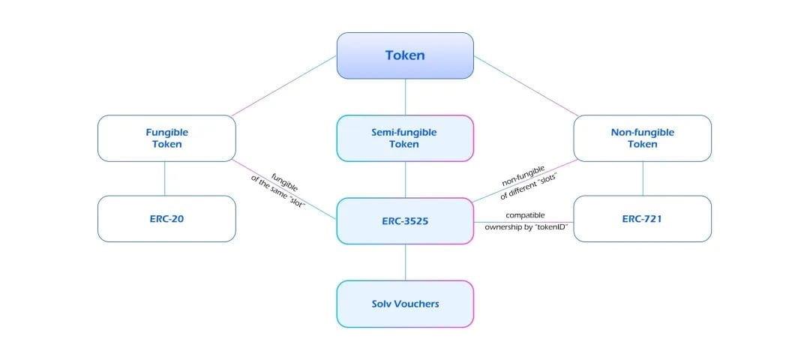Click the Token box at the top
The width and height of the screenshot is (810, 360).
pyautogui.click(x=405, y=55)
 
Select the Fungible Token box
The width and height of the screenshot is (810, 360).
pyautogui.click(x=166, y=139)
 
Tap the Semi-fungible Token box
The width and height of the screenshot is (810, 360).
pyautogui.click(x=405, y=139)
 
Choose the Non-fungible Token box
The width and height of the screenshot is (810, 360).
pyautogui.click(x=643, y=139)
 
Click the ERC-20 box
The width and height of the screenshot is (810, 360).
pyautogui.click(x=166, y=219)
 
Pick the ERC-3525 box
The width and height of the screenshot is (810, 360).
pyautogui.click(x=405, y=221)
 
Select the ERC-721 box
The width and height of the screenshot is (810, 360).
pyautogui.click(x=643, y=219)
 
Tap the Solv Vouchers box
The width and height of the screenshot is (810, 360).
pyautogui.click(x=405, y=304)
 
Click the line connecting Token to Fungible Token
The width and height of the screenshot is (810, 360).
pyautogui.click(x=284, y=85)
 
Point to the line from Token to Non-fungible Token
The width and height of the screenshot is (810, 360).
pyautogui.click(x=526, y=85)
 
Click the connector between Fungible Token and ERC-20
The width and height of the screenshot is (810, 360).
pyautogui.click(x=165, y=178)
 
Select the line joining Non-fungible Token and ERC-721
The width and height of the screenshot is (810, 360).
pyautogui.click(x=643, y=178)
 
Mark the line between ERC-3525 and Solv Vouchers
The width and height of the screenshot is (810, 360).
pyautogui.click(x=405, y=262)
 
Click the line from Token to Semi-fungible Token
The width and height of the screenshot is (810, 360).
pyautogui.click(x=405, y=97)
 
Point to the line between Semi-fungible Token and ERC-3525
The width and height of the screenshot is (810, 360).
pyautogui.click(x=405, y=180)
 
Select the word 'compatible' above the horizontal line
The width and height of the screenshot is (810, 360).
pyautogui.click(x=525, y=214)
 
